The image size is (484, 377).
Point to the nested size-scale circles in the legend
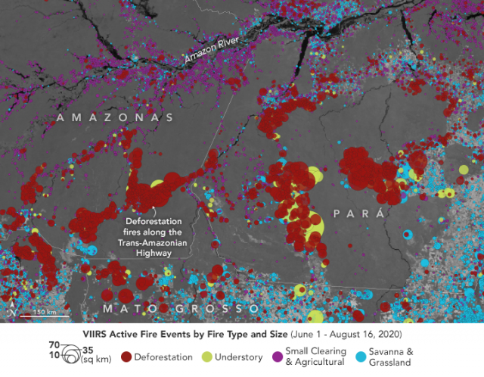70,354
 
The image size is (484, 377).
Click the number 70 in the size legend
54,344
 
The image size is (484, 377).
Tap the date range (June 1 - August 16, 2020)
334,334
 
